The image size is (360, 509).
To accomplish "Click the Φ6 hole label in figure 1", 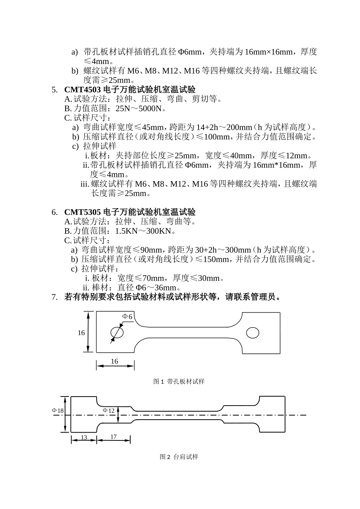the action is pyautogui.click(x=127, y=317).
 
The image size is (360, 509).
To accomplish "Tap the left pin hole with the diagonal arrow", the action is pyautogui.click(x=117, y=333).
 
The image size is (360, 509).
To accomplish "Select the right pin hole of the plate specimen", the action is pyautogui.click(x=253, y=333).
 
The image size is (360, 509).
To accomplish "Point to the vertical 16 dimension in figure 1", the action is pyautogui.click(x=81, y=333).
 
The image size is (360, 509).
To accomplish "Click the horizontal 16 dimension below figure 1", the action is pyautogui.click(x=114, y=362).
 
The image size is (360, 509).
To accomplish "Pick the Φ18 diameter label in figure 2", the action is pyautogui.click(x=58, y=411).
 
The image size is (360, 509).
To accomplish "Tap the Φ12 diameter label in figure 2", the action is pyautogui.click(x=109, y=411).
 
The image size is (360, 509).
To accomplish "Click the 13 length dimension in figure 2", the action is pyautogui.click(x=84, y=437).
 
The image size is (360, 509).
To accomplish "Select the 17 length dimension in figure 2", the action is pyautogui.click(x=113, y=437).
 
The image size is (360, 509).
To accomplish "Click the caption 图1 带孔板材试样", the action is pyautogui.click(x=179, y=381).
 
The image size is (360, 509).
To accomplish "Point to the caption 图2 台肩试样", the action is pyautogui.click(x=179, y=457).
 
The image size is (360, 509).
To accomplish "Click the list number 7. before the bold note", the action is pyautogui.click(x=54, y=297).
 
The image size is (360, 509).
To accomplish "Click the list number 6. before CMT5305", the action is pyautogui.click(x=54, y=212).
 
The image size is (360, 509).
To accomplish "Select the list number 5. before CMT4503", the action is pyautogui.click(x=54, y=90).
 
